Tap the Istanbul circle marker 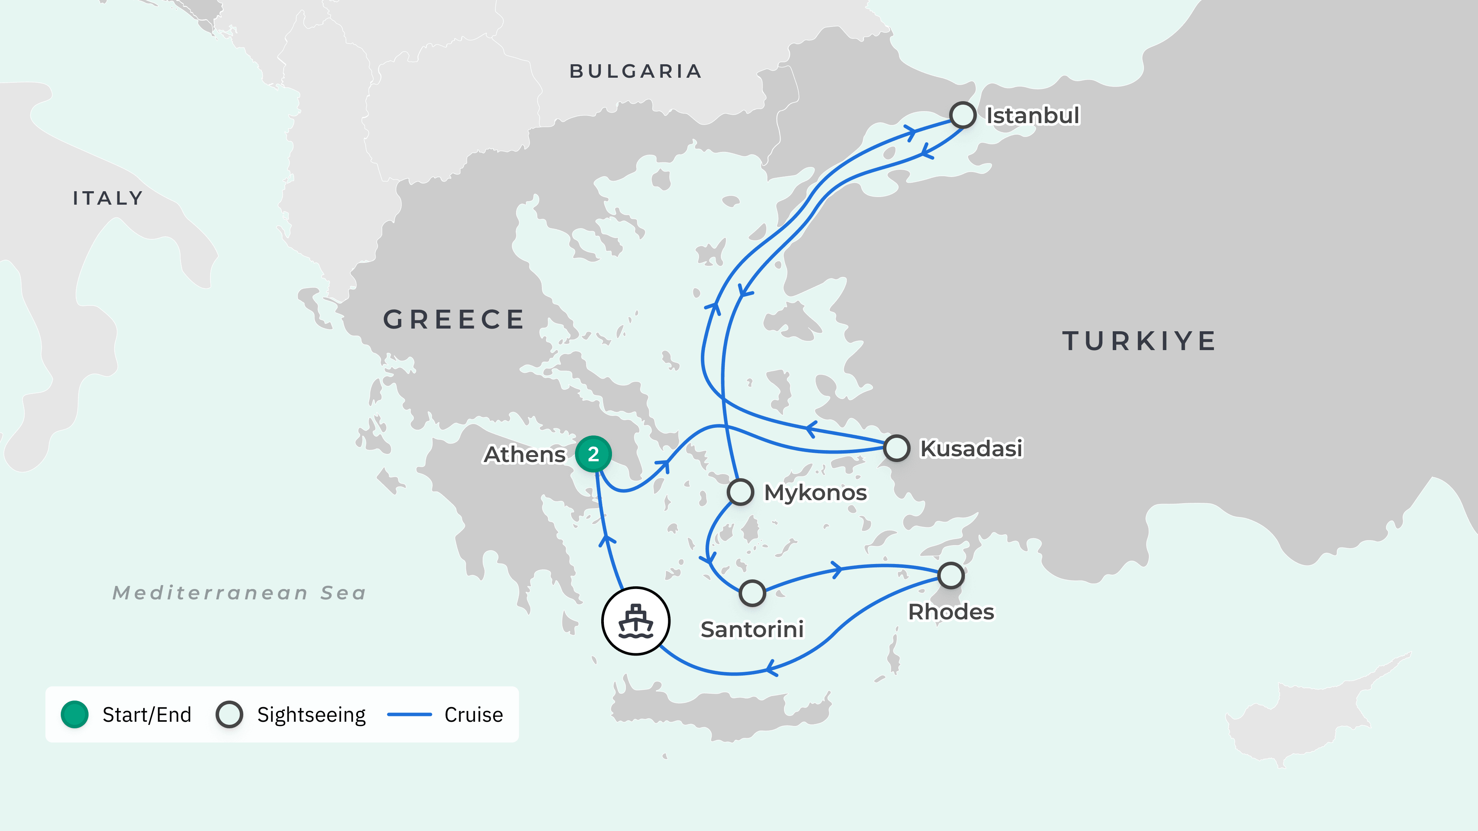coord(962,115)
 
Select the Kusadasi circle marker coord(896,448)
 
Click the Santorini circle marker coord(752,593)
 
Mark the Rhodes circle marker coord(951,575)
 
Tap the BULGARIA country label coord(635,71)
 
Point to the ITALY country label coord(108,199)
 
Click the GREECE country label coord(454,319)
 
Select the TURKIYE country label coord(1139,341)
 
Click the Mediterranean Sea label coord(239,592)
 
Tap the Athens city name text coord(524,454)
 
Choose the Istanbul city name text coord(1032,115)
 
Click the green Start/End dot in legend coord(75,714)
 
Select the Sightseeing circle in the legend coord(229,714)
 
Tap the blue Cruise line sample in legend coord(409,714)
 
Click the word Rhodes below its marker coord(951,612)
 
